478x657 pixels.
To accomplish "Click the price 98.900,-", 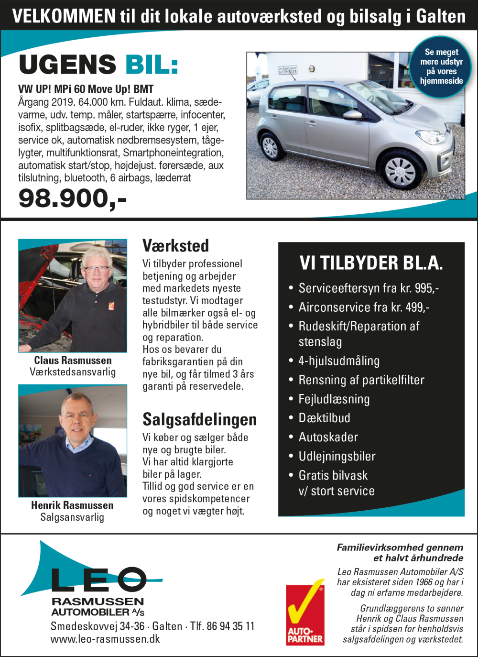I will click(72, 198).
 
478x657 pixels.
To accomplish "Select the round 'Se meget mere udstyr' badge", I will click(441, 66).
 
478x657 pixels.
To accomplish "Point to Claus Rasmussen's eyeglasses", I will click(96, 269).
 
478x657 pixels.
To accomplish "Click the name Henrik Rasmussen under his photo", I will click(72, 505).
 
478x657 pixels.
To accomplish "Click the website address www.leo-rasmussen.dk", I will click(105, 639).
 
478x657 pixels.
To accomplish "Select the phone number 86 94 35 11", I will click(230, 626).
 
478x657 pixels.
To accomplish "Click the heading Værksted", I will click(175, 246).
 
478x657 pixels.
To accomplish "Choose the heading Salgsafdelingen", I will click(199, 419).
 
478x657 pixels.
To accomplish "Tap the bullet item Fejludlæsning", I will click(334, 399).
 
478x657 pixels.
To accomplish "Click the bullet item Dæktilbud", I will click(324, 418).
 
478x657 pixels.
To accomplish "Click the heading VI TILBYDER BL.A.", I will click(371, 263).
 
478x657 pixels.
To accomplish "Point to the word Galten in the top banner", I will click(440, 16).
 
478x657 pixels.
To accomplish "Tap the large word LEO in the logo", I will click(98, 580).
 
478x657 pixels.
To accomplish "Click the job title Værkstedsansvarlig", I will click(73, 372).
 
